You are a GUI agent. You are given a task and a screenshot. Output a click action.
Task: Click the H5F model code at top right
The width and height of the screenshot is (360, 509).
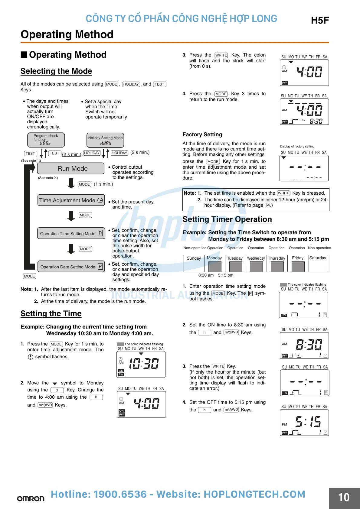(x=320, y=20)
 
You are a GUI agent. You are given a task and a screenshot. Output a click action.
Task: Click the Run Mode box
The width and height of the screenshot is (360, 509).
(x=71, y=169)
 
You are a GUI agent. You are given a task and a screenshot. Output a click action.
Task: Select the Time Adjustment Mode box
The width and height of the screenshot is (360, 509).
(x=71, y=200)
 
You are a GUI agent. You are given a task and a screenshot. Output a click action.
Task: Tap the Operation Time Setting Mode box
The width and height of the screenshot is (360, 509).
(x=71, y=233)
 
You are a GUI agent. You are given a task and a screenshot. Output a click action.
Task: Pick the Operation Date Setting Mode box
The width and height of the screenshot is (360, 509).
(x=71, y=267)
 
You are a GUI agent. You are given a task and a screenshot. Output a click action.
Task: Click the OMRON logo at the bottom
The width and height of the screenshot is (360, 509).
(x=31, y=498)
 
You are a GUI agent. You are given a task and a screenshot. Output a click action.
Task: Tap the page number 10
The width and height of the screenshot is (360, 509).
(x=344, y=498)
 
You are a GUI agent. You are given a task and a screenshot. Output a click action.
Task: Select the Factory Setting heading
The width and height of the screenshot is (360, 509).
(x=202, y=135)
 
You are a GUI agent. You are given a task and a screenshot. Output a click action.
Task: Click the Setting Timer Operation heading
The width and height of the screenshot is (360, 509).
(x=227, y=219)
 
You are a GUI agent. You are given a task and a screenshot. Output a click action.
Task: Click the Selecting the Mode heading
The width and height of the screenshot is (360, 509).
(x=56, y=71)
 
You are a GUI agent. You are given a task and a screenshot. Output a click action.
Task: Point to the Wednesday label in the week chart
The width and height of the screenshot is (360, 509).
(x=256, y=258)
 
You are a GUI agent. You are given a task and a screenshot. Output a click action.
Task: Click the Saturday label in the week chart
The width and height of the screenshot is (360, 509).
(x=318, y=258)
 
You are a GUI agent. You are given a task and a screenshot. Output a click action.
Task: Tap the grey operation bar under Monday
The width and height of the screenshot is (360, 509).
(x=215, y=267)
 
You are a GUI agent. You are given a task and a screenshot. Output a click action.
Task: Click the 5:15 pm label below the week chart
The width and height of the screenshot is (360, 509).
(x=226, y=275)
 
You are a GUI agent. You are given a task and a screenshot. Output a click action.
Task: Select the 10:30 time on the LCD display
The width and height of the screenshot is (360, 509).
(x=144, y=364)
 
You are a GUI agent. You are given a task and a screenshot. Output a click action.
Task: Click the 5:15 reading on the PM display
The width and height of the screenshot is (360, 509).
(x=308, y=421)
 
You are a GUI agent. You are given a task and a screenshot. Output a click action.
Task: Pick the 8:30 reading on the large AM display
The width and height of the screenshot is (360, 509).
(x=309, y=344)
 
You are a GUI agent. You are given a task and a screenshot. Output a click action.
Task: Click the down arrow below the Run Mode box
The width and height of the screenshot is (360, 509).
(x=71, y=183)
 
